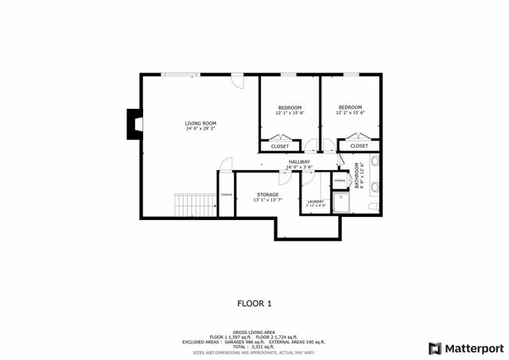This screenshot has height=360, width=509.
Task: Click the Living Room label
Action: (x=200, y=123)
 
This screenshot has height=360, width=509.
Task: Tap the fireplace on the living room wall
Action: (x=134, y=123)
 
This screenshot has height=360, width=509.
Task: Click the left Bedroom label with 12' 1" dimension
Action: (x=289, y=107)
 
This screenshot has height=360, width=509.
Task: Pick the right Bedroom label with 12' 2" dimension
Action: (x=350, y=107)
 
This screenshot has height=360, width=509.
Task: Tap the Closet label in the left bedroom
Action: (x=280, y=146)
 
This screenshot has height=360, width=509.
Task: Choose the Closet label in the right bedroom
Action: (x=359, y=146)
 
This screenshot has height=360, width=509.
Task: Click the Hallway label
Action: (x=299, y=161)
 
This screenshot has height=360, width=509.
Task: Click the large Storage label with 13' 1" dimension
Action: (x=267, y=195)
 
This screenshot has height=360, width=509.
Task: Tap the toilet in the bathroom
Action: (x=374, y=207)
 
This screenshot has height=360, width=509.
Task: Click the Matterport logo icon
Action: (x=433, y=347)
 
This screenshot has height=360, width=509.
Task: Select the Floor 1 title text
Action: (x=254, y=303)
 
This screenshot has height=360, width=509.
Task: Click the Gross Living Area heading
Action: (x=254, y=331)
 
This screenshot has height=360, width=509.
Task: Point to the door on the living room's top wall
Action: (x=237, y=80)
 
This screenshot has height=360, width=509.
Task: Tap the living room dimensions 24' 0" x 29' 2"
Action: (x=200, y=129)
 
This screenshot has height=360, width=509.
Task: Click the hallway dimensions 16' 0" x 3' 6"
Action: (x=299, y=167)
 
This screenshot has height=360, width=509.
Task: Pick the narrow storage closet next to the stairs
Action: (x=227, y=195)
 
